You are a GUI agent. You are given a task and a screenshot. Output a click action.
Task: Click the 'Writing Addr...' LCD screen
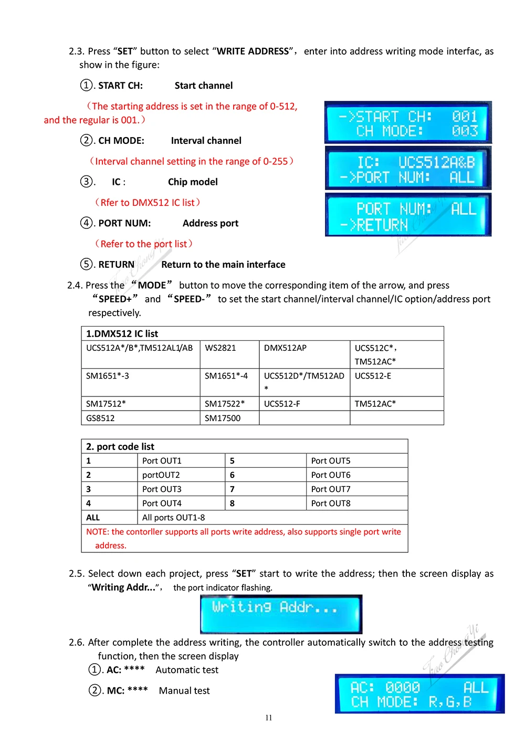pos(281,614)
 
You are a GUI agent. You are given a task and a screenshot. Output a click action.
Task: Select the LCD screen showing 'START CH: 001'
pos(408,123)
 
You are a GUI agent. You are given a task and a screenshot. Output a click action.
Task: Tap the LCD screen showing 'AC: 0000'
pos(419,694)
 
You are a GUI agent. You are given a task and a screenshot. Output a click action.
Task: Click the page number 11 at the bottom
pos(269,718)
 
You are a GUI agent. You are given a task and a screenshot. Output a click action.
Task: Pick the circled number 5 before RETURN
pos(87,264)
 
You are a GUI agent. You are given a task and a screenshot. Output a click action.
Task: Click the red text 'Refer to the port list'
pos(144,244)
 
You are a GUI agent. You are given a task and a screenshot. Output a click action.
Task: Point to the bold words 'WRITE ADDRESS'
pos(253,51)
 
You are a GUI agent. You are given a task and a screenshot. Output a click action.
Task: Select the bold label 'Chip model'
pos(193,182)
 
